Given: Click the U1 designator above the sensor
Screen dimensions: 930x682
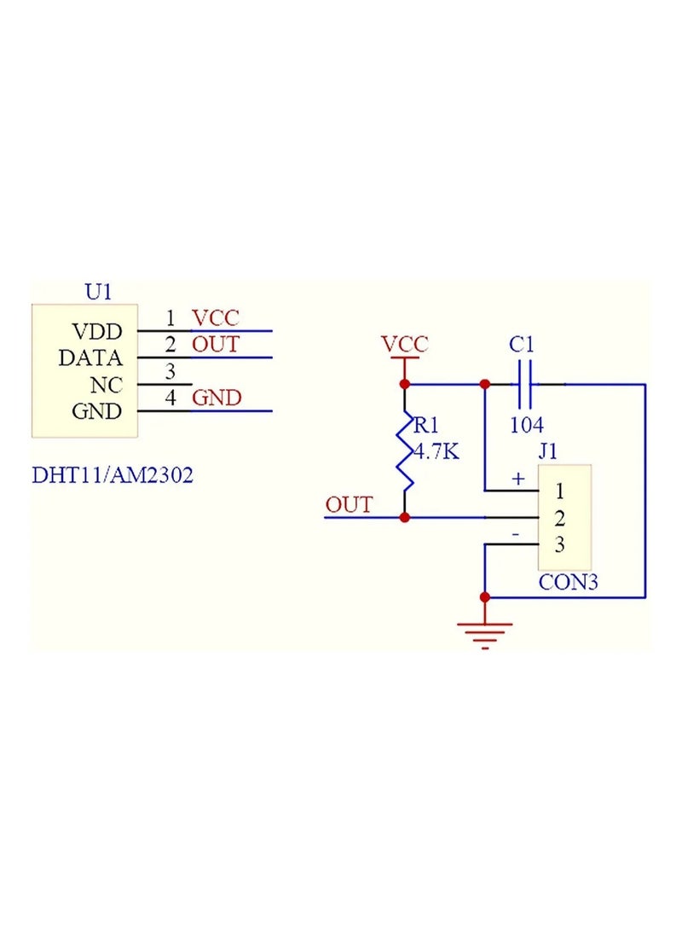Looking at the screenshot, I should coord(98,292).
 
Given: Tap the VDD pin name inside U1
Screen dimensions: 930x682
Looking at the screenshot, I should coord(97,331).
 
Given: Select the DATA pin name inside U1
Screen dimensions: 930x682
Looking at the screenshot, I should coord(90,358).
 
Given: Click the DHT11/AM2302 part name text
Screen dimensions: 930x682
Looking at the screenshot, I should coord(113,474).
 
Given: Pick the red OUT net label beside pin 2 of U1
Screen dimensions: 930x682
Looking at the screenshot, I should coord(215,345).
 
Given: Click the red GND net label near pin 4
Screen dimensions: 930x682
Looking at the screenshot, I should coord(217,398).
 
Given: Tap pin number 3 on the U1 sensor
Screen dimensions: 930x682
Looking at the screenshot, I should coord(170,371).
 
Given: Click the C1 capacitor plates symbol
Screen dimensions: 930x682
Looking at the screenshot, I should coord(523,385).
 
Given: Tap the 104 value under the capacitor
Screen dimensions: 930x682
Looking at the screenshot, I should coord(526,424).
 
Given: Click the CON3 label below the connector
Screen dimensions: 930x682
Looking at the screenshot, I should coord(568,584).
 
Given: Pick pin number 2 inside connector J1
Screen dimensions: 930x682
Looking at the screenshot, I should coord(559,518).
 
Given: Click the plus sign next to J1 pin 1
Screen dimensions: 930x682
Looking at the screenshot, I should coord(517,479).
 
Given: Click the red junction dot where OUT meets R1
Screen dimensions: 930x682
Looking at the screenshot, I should coord(405,518).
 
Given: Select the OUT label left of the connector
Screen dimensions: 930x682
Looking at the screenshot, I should coord(349,504).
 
